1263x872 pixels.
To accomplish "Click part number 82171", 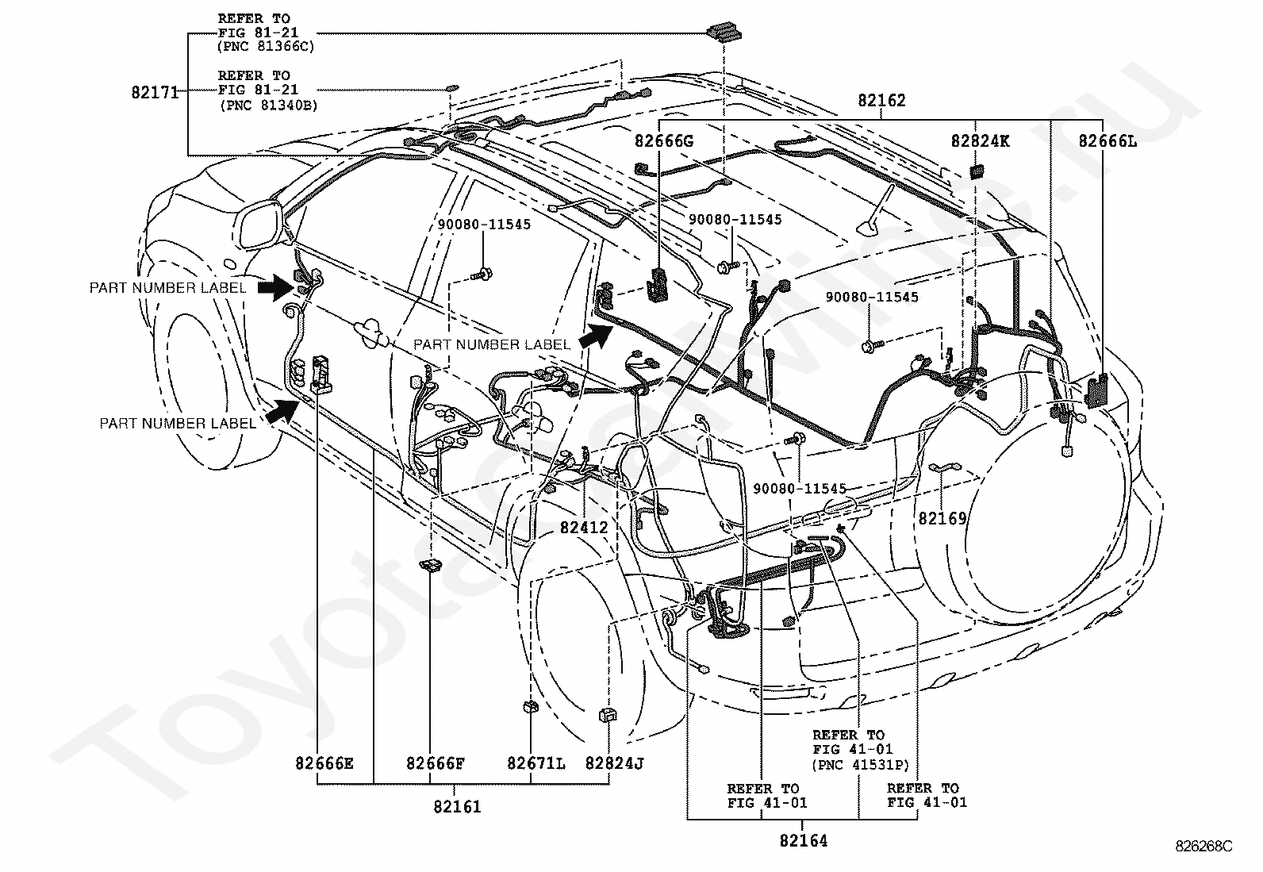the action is (x=155, y=92).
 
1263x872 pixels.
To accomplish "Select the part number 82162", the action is (x=881, y=101).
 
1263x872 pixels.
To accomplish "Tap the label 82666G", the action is (x=664, y=140).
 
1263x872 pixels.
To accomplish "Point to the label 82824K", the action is (x=980, y=140).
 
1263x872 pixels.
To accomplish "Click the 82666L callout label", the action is (x=1108, y=140).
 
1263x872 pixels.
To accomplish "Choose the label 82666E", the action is (x=324, y=763).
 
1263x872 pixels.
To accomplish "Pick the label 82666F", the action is (x=436, y=763).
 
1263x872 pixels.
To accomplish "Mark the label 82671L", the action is (x=536, y=763).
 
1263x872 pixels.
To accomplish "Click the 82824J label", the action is (x=614, y=763).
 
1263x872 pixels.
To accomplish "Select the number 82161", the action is (x=457, y=807).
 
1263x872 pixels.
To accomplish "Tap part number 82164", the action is (x=804, y=840).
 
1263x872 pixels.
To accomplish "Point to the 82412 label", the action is (x=584, y=528).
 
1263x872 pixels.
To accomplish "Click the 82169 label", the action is (x=942, y=518).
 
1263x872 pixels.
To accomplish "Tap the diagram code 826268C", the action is (x=1203, y=846).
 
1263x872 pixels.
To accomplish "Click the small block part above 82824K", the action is (x=977, y=171).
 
